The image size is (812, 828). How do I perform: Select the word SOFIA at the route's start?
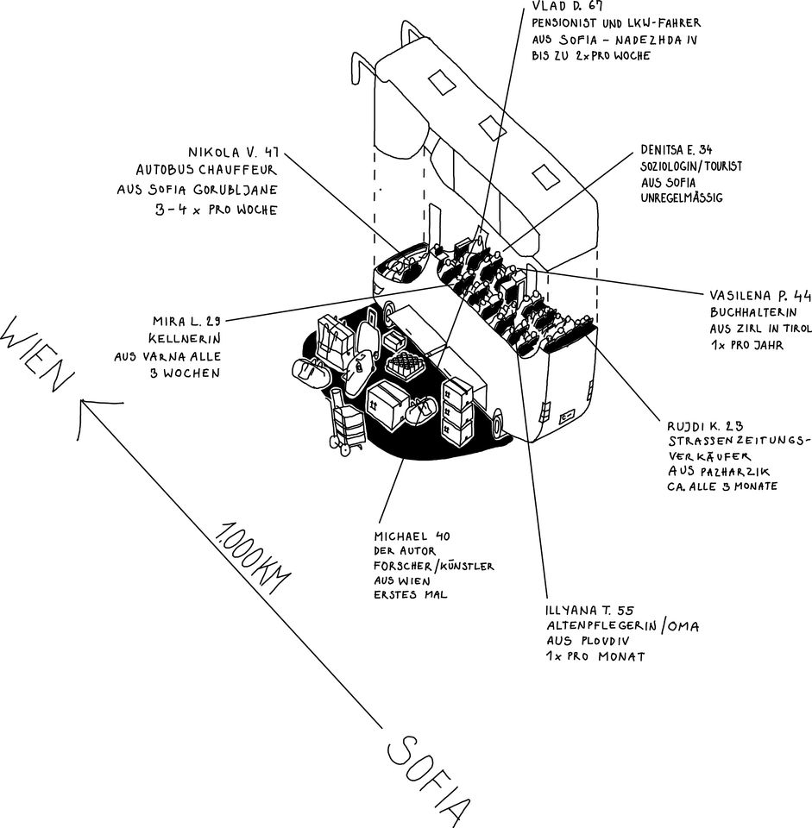coord(429,777)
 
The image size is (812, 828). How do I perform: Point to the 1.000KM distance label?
coord(250,557)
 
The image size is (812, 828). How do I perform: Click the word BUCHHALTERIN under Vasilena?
coord(748,311)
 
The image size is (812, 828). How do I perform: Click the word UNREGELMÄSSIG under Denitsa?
coord(681,198)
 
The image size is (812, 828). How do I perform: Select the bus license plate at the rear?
coord(567,417)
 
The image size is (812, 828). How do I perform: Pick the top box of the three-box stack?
coord(456,392)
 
